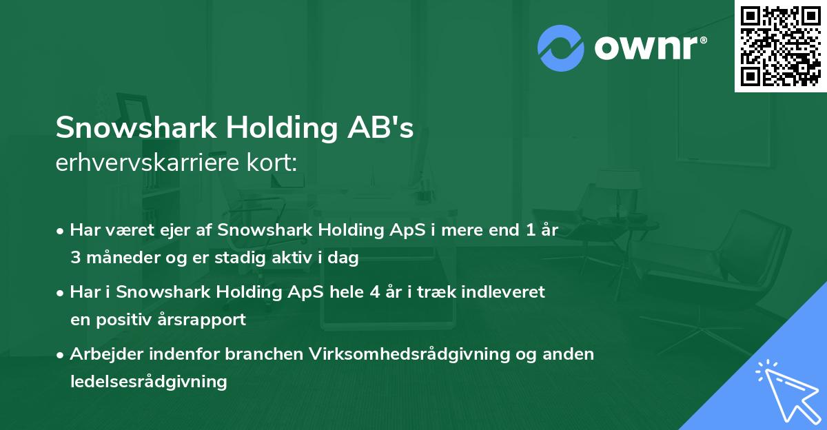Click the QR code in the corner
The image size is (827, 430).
coord(780,46)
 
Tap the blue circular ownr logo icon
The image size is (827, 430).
coord(561,48)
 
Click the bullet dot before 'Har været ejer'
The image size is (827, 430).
coord(61,231)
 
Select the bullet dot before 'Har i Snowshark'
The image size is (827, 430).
coord(61,292)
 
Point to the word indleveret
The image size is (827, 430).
coord(508,292)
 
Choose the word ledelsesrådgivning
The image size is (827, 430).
coord(148,381)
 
